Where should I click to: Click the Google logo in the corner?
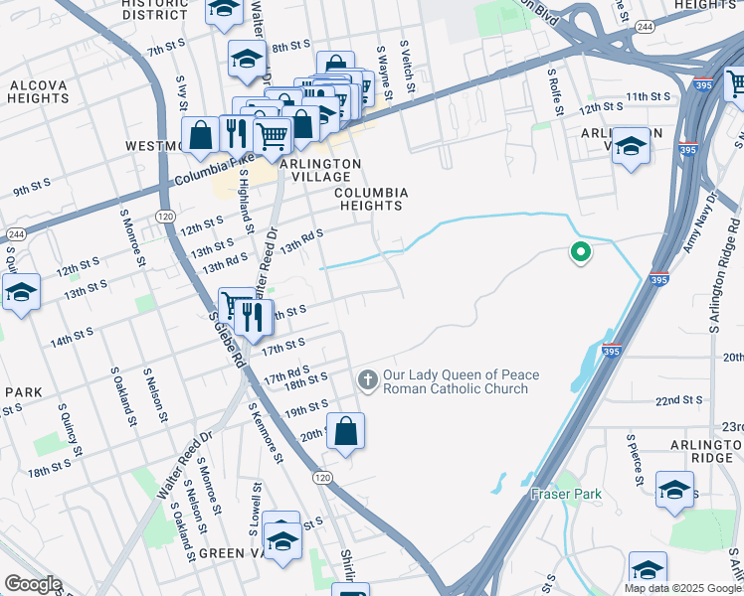(33, 584)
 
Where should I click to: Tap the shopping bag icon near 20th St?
(345, 431)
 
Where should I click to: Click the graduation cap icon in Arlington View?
(630, 147)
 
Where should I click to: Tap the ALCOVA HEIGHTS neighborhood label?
(39, 91)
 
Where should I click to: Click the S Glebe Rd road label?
(227, 341)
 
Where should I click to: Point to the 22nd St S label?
(679, 399)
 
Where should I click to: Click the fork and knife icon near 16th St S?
(253, 316)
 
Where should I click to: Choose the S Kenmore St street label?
(267, 431)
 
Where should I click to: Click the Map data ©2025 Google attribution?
(682, 588)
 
